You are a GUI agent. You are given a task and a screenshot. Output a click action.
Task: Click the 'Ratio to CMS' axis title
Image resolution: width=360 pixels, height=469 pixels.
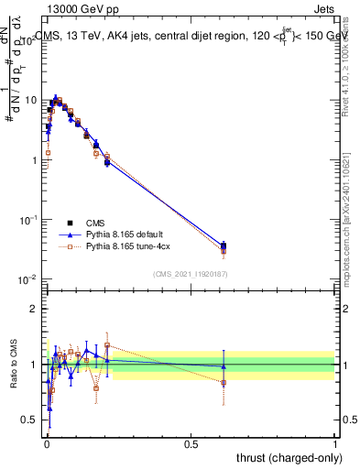[15, 365]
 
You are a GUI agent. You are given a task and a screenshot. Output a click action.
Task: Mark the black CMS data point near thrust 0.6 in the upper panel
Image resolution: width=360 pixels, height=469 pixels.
[224, 245]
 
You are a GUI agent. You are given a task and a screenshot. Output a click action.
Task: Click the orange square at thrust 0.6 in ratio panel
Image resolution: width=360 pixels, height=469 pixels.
[224, 382]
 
